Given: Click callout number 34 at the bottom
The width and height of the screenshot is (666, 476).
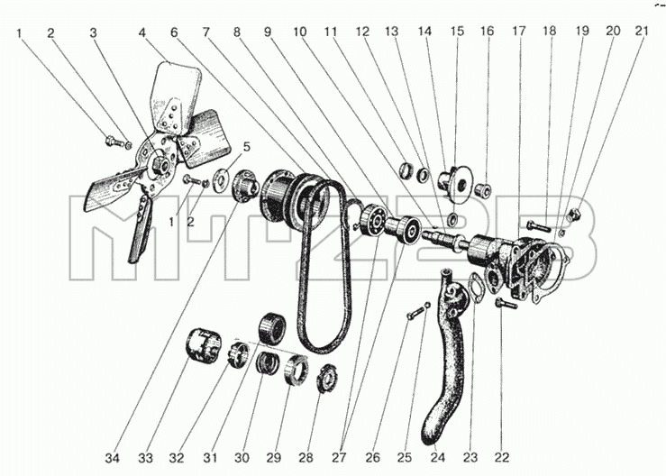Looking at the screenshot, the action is (113, 458).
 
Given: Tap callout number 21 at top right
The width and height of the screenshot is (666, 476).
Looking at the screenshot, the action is (642, 31).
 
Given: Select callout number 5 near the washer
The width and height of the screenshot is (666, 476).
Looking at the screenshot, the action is (246, 147).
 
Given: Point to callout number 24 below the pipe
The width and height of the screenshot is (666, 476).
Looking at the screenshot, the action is (438, 458).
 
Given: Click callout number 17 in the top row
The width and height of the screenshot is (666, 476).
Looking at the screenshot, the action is (518, 31).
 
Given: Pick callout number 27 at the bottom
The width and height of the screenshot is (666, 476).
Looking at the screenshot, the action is (339, 458).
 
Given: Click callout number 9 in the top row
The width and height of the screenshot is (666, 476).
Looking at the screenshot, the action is (268, 32).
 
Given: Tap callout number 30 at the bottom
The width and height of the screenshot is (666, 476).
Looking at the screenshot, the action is (242, 458).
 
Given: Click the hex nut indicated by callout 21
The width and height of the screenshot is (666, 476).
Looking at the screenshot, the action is (574, 215).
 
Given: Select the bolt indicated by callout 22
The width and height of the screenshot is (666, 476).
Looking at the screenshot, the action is (506, 303).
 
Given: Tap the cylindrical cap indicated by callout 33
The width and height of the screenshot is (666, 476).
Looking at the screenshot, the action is (203, 345).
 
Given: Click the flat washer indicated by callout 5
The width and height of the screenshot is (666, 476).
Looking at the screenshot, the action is (221, 179).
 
